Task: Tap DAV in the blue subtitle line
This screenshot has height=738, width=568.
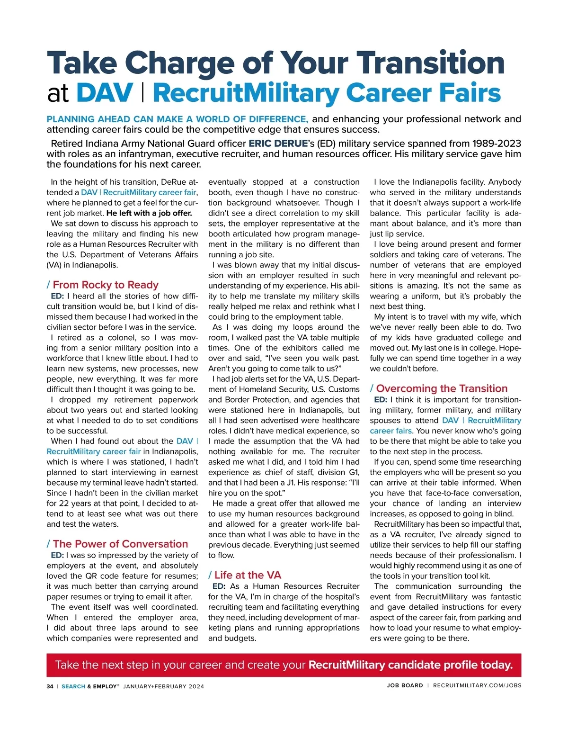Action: tap(105, 93)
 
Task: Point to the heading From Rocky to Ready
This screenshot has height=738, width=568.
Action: tap(105, 285)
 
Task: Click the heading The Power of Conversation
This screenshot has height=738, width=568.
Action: tap(120, 544)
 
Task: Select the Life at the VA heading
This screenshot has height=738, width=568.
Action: tap(248, 575)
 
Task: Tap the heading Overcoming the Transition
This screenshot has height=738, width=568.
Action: tap(442, 388)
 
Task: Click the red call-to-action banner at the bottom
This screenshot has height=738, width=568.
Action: tap(284, 665)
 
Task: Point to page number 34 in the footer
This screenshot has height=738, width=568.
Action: tap(50, 686)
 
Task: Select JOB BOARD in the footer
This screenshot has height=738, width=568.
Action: tap(405, 685)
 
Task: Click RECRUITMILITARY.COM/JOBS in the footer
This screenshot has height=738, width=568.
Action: tap(477, 685)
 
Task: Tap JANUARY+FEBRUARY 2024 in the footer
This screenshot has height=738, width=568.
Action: tap(163, 686)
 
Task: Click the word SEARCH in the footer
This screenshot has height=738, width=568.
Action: tap(73, 686)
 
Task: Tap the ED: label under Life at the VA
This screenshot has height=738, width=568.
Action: tap(219, 586)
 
